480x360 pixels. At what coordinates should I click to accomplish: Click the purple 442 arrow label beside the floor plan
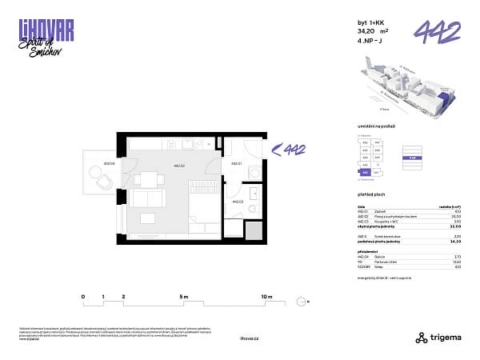pyautogui.click(x=290, y=148)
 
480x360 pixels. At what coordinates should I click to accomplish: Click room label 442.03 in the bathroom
pyautogui.click(x=236, y=202)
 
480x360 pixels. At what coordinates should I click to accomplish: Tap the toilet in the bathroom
pyautogui.click(x=251, y=210)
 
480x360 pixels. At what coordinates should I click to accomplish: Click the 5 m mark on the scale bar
pyautogui.click(x=184, y=297)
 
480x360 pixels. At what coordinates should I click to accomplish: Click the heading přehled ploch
pyautogui.click(x=370, y=194)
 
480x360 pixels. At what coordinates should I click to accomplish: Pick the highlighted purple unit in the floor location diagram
pyautogui.click(x=365, y=171)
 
